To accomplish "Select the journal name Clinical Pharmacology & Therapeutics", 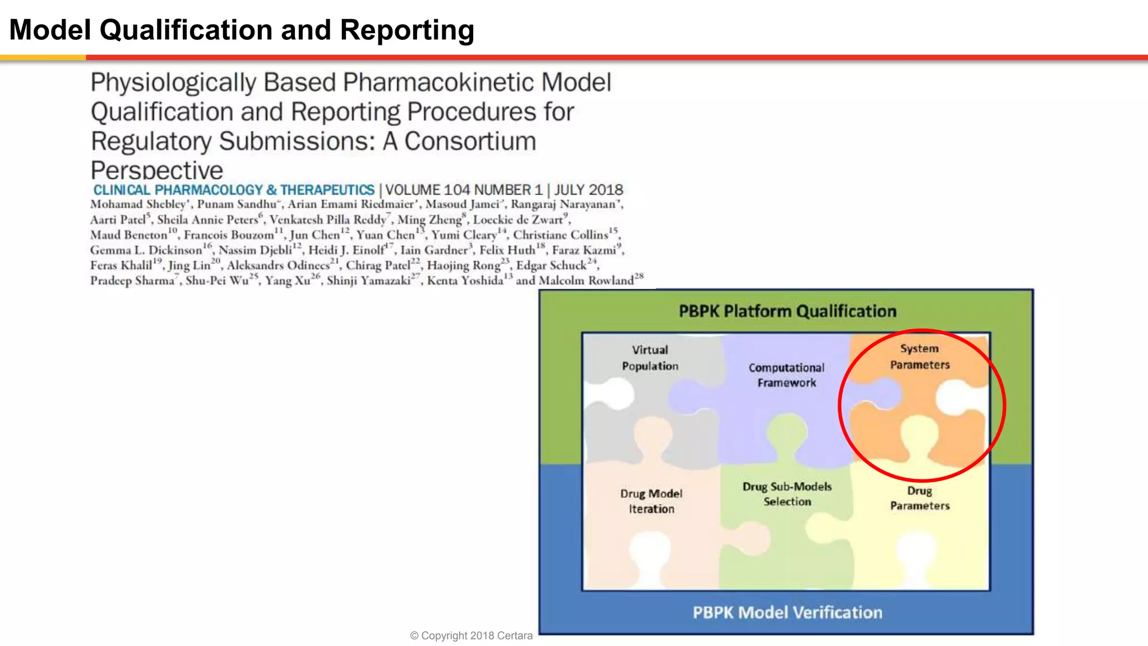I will [x=234, y=190].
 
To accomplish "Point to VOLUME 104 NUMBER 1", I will [x=464, y=190].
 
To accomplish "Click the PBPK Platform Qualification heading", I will [x=787, y=311].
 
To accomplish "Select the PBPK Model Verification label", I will [x=787, y=612].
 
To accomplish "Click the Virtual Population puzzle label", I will [x=650, y=358].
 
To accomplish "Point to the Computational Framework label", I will [x=786, y=375].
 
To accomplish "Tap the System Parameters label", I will [x=919, y=357].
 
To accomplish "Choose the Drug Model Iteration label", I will [x=651, y=501].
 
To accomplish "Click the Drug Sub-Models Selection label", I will [x=786, y=494].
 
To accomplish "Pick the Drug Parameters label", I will [x=919, y=498].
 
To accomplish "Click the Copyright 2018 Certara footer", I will [x=471, y=635].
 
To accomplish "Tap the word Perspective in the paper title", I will [x=157, y=170].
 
